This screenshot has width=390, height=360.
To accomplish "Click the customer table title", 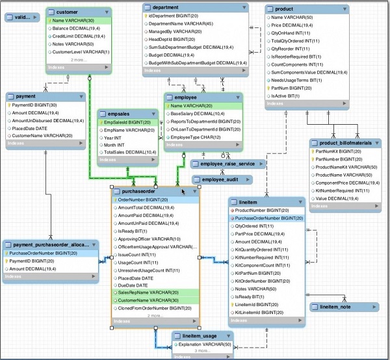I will click(x=68, y=12).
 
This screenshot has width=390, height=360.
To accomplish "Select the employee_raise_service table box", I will click(x=227, y=164).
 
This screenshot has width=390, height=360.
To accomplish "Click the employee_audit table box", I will click(x=219, y=179).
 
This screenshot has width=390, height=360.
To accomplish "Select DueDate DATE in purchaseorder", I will click(x=133, y=285).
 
